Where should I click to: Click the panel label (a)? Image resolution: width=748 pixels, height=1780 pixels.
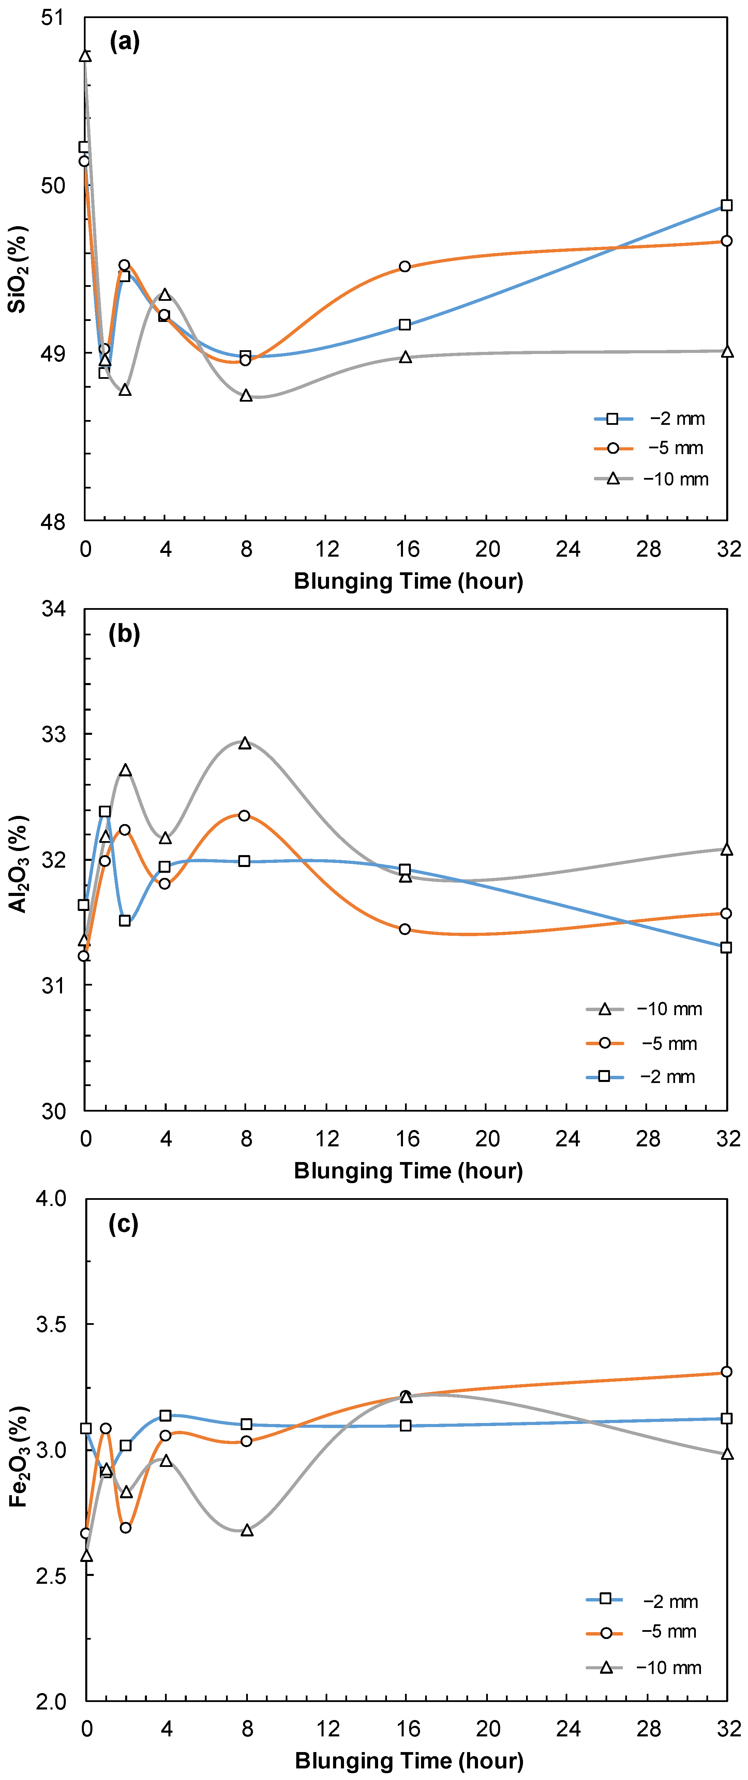coord(124,42)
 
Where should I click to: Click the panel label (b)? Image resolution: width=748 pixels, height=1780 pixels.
coord(124,634)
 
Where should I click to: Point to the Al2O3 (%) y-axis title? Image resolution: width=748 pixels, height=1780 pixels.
coord(18,864)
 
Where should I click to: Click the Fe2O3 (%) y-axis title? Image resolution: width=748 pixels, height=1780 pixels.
coord(18,1457)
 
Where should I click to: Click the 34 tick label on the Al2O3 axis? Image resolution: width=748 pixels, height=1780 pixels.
coord(54,609)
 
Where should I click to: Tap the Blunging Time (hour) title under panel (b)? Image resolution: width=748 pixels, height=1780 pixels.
coord(408,1171)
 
